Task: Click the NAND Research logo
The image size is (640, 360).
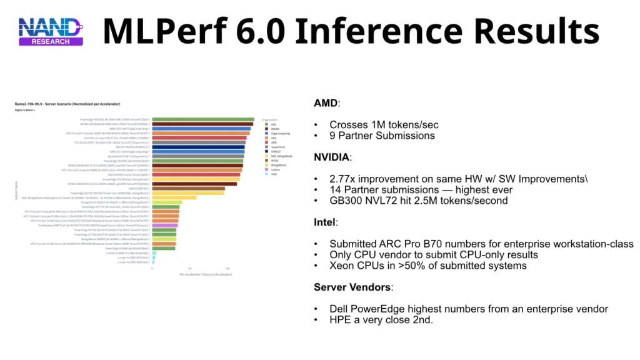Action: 50,31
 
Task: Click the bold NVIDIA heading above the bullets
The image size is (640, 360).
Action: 332,157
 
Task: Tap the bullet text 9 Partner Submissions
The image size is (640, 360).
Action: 382,135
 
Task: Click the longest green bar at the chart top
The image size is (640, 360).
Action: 203,119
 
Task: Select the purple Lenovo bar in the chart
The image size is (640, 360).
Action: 165,226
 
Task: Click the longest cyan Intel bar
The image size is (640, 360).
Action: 154,252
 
